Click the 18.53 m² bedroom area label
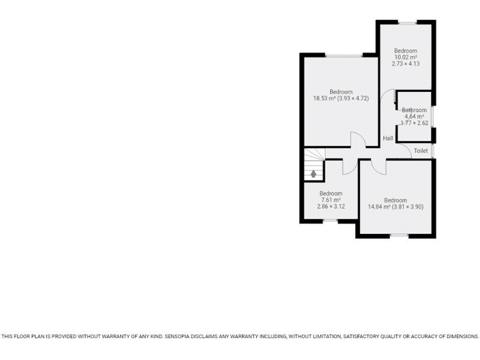tap(341, 98)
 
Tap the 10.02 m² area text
tap(405, 57)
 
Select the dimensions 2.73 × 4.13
tap(405, 63)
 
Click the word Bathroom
tap(414, 110)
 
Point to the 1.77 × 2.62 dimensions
tap(414, 122)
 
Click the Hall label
tap(387, 138)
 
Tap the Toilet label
tap(421, 151)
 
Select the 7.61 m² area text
tap(331, 200)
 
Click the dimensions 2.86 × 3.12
tap(331, 206)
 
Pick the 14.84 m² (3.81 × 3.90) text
tap(396, 207)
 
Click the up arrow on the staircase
tap(314, 173)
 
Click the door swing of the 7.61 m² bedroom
tap(348, 166)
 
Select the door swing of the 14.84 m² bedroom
tap(378, 166)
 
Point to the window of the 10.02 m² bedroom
tap(407, 22)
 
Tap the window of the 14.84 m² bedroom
tap(399, 235)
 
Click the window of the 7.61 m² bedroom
tap(330, 220)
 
